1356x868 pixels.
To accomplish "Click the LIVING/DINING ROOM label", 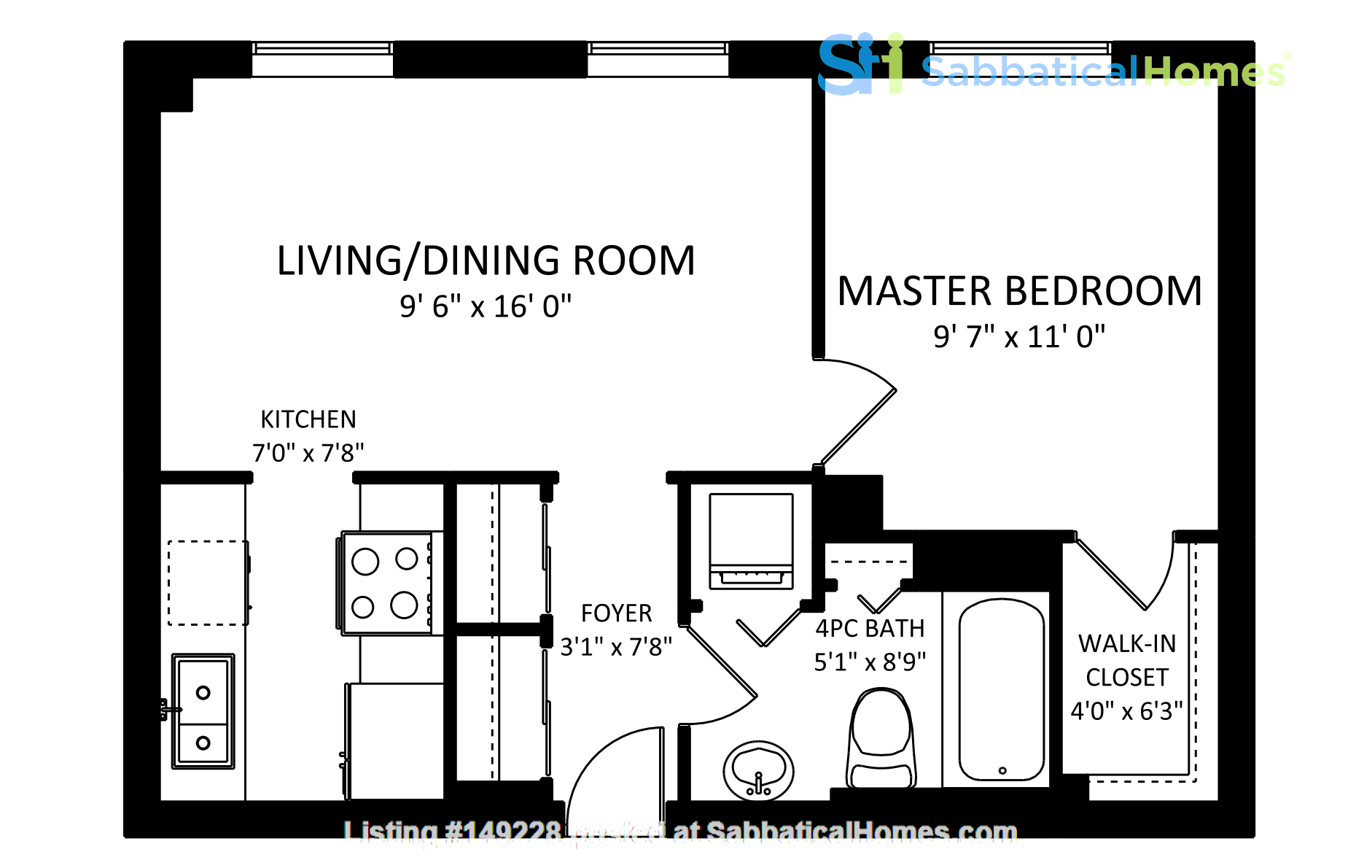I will tap(486, 261).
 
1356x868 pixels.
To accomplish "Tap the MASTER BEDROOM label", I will tap(1019, 292).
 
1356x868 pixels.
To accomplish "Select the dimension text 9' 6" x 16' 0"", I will tap(486, 307).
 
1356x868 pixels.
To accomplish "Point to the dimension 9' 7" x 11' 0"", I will tap(1019, 338).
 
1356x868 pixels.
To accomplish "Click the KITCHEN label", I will tap(308, 419).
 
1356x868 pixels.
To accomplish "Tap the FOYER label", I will tap(616, 613).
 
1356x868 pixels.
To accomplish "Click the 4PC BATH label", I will tap(870, 629).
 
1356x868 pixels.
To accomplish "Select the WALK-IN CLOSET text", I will tap(1127, 660).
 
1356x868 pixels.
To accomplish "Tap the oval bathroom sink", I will tap(758, 772).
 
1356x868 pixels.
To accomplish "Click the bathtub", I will tap(1002, 689).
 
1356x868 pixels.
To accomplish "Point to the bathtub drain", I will tap(1002, 770).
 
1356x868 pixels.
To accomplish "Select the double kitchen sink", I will tap(203, 711).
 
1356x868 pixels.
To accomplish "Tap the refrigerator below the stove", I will tap(394, 740).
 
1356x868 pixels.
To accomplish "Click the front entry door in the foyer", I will tap(616, 766).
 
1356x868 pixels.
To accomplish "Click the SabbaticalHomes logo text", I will tap(1102, 71).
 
